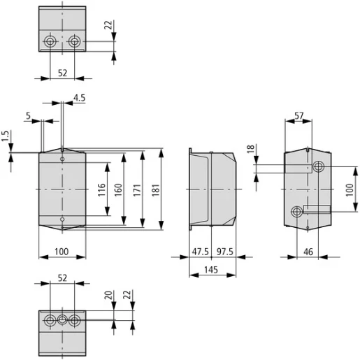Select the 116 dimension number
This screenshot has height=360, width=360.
coord(101,189)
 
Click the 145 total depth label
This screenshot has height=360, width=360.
coord(212,269)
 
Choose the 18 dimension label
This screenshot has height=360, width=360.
coord(252,150)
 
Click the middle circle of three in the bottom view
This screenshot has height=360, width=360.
coord(62,321)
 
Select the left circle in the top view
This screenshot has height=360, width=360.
coord(50,43)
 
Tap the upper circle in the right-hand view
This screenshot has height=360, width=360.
coord(319,167)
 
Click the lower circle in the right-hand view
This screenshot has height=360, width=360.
coord(296,211)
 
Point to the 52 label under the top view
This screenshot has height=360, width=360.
coord(62,72)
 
